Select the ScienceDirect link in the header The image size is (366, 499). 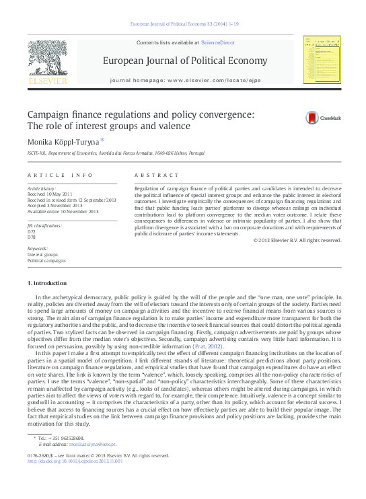click(218, 42)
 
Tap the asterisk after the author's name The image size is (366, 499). click(102, 140)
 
